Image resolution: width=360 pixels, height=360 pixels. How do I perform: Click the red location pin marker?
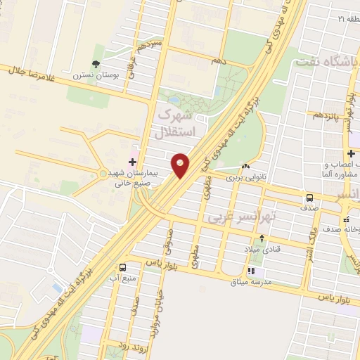pos(181,165)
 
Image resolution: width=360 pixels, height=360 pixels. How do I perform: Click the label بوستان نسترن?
pos(93,75)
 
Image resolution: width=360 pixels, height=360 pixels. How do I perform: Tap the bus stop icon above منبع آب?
pos(124,267)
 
